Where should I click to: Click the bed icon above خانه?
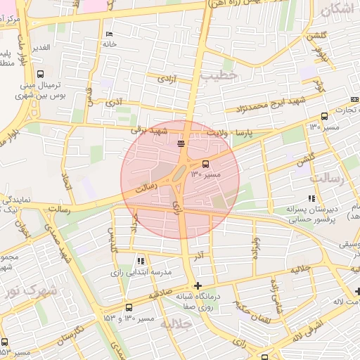(108, 34)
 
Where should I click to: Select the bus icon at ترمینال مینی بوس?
(40, 73)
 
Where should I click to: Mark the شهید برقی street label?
(150, 130)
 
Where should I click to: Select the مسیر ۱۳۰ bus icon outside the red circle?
(324, 117)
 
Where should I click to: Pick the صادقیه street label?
(160, 295)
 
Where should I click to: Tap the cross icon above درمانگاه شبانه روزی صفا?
(198, 285)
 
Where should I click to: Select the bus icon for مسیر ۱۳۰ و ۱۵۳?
(129, 307)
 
